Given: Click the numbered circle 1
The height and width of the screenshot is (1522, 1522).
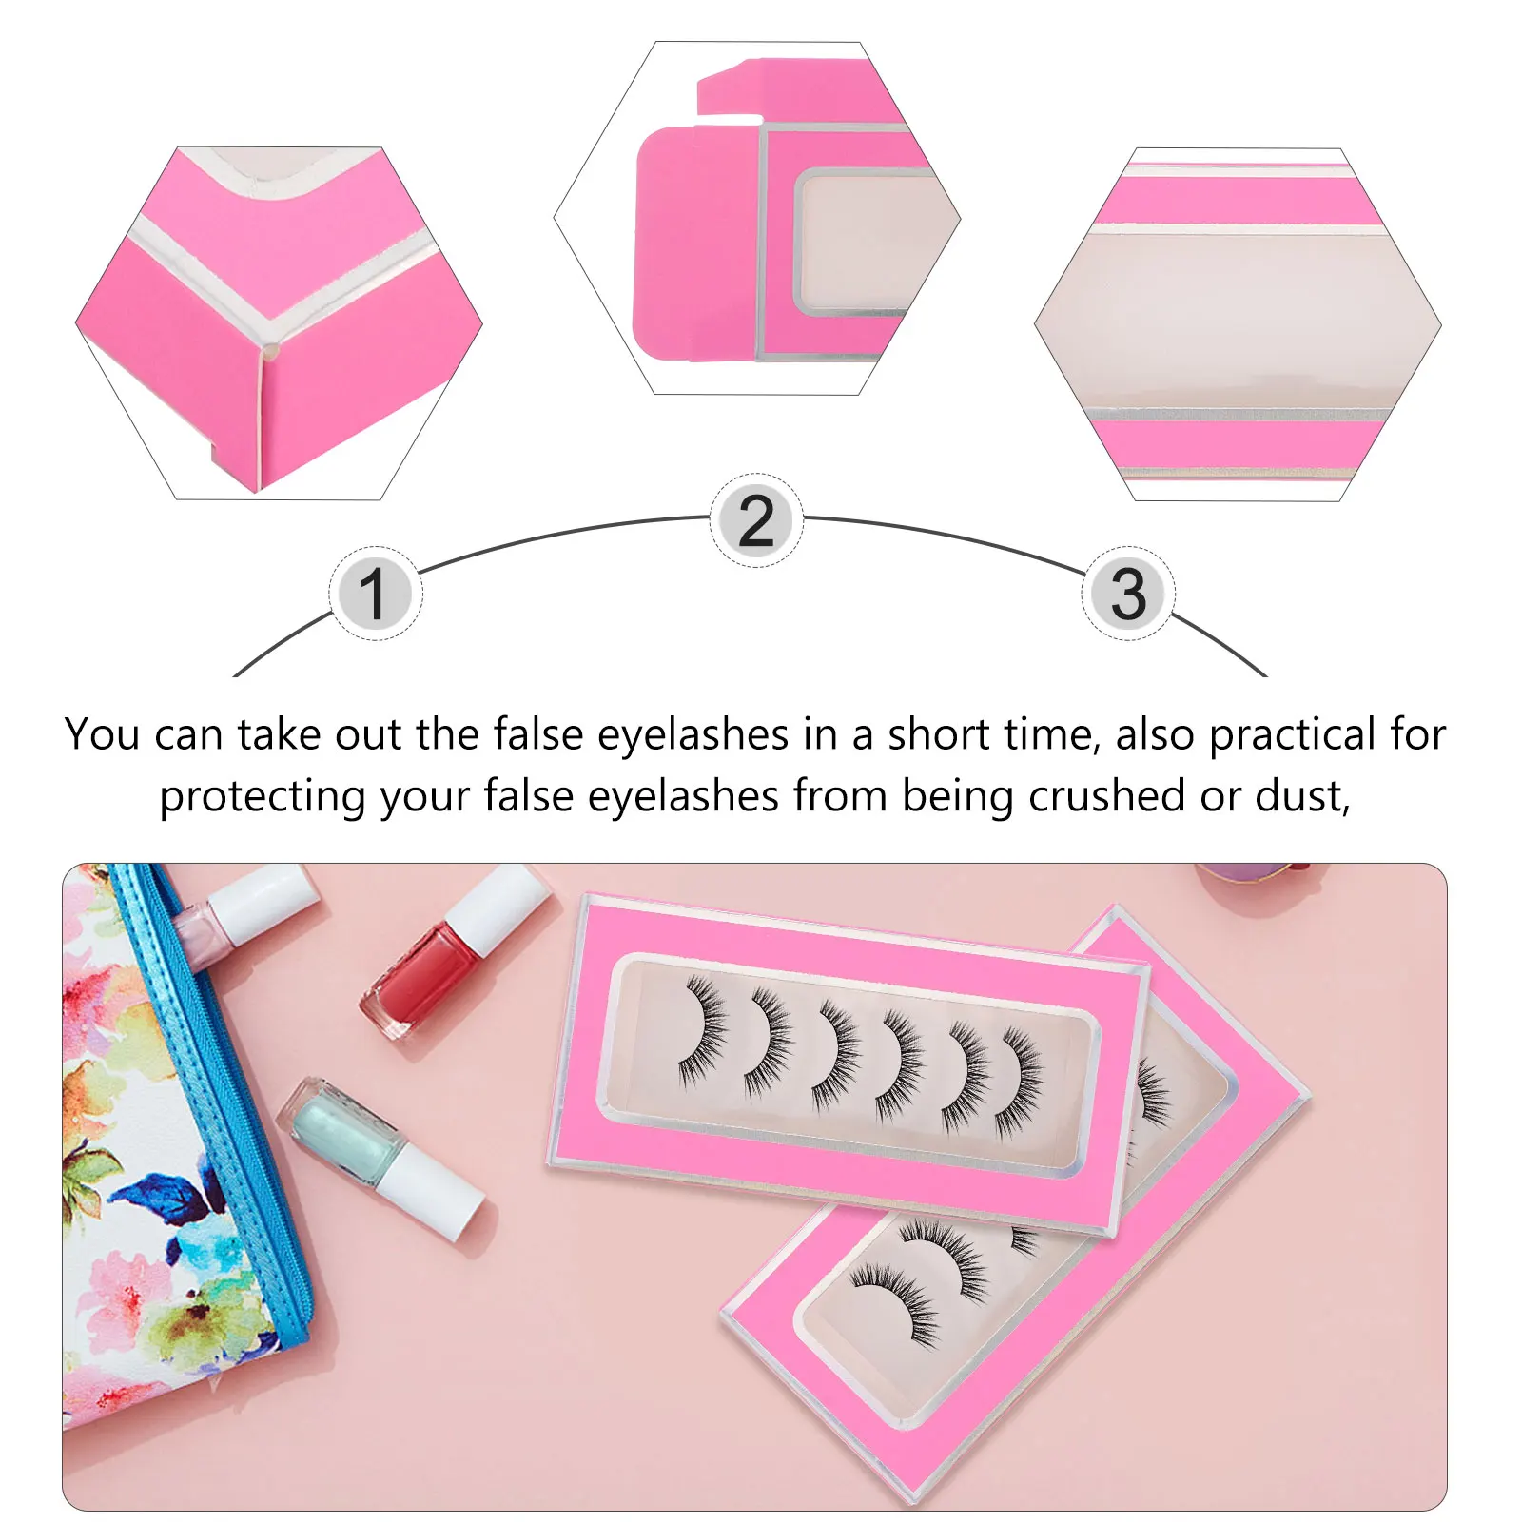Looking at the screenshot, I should point(375,594).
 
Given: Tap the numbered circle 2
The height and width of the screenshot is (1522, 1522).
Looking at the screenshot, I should point(756,520).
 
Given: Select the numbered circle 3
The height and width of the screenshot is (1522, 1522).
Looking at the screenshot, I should point(1128,594).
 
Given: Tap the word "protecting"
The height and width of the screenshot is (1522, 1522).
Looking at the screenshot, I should point(262,797).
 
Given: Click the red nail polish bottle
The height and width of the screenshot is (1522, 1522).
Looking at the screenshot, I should point(419,980).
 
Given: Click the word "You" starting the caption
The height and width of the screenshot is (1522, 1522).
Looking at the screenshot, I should point(102,735).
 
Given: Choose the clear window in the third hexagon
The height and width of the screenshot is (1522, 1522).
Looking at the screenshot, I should point(1237,323).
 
